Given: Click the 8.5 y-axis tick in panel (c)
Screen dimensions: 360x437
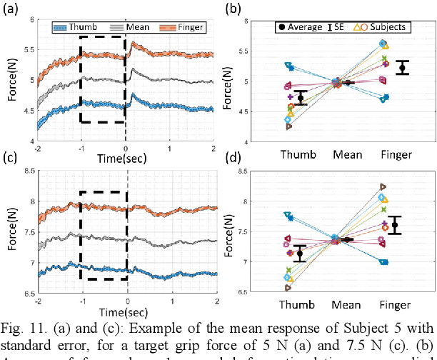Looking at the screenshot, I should pos(26,171).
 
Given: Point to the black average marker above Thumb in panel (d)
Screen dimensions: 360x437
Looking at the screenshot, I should pos(300,254).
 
